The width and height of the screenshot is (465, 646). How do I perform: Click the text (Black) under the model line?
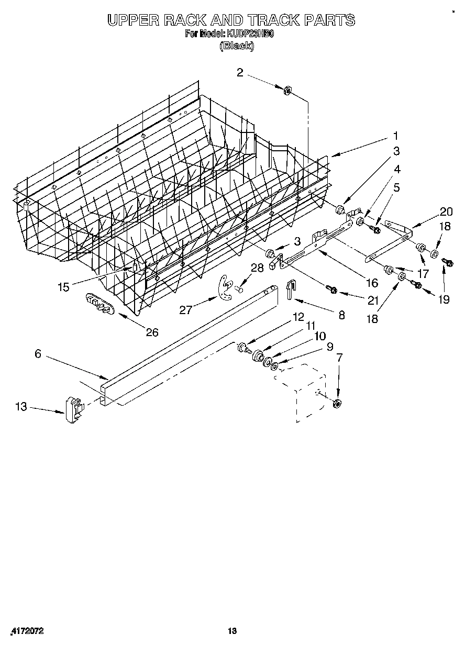[x=237, y=46]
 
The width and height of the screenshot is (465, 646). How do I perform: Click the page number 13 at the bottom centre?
[x=233, y=631]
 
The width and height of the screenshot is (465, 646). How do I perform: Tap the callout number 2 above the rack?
[x=239, y=73]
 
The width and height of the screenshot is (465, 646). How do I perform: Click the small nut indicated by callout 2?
[x=287, y=91]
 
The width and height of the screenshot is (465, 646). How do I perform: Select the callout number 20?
[x=446, y=211]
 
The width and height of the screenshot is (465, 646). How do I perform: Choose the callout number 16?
[x=372, y=283]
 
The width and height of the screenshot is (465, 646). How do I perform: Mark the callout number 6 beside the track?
[x=38, y=353]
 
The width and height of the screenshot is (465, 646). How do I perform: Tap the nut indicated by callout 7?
[x=337, y=403]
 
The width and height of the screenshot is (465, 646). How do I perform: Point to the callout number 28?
[x=257, y=268]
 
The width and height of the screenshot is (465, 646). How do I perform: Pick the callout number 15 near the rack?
[x=63, y=287]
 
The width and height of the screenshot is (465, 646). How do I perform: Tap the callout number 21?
[x=372, y=300]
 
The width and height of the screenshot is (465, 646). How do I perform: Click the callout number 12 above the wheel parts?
[x=298, y=317]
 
